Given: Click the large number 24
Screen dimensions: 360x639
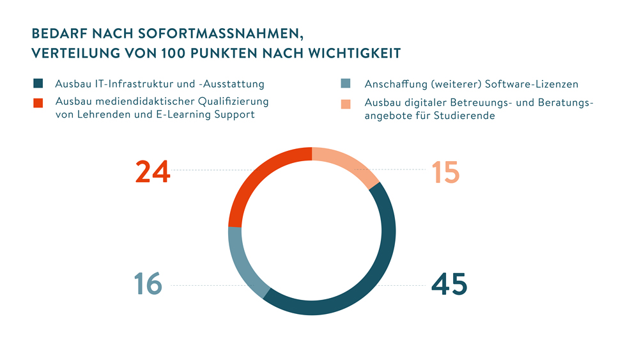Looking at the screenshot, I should point(153,172).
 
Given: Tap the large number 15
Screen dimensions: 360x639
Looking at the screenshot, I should point(445,173).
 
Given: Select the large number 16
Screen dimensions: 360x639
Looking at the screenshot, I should point(148,284).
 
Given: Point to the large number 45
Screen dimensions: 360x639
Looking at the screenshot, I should point(449,284).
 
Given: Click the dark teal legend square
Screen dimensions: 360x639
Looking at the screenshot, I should point(38,84).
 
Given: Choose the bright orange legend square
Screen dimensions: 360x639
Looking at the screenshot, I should point(38,102).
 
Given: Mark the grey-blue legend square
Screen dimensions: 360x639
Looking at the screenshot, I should point(346,84).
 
